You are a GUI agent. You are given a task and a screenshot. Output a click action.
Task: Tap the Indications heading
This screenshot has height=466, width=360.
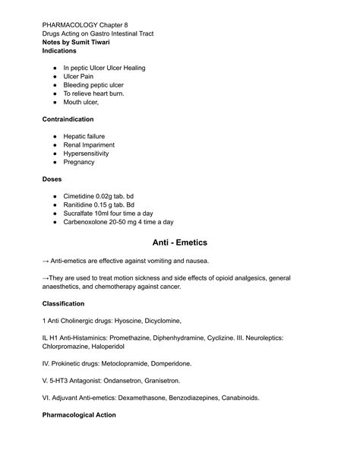(x=60, y=51)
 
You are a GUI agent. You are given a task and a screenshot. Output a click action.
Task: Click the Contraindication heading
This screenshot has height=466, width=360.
(x=68, y=119)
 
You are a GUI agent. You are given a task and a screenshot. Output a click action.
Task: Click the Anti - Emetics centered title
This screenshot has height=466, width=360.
(x=180, y=243)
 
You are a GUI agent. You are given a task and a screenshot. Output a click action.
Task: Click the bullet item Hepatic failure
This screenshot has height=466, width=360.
(x=88, y=136)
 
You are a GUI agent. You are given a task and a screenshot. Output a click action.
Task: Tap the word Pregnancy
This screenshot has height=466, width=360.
(x=80, y=162)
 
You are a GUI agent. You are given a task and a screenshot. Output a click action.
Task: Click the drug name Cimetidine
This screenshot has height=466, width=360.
(x=81, y=196)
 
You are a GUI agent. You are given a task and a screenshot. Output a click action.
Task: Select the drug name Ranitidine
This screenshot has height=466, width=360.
(x=80, y=204)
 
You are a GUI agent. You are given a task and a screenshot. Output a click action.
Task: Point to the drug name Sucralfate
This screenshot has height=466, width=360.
(x=81, y=214)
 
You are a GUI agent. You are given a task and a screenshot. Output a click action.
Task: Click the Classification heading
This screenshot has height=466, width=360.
(x=63, y=304)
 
